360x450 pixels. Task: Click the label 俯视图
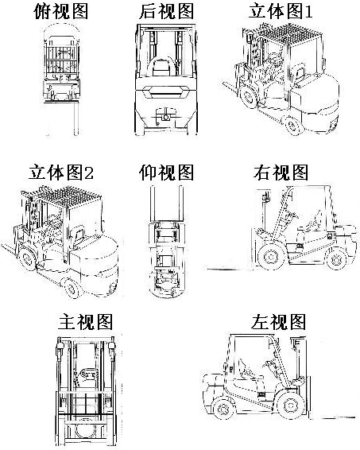tap(60, 11)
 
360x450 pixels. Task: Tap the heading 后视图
tap(166, 11)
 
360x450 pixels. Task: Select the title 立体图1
tap(281, 11)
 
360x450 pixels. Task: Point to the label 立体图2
tap(61, 173)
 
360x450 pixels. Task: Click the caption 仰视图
tap(166, 173)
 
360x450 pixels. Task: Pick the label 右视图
tap(281, 173)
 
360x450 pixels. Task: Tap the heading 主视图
tap(85, 322)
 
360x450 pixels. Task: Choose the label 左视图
tap(278, 322)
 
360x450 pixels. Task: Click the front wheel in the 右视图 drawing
tap(271, 256)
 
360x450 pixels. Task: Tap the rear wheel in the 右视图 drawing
tap(336, 259)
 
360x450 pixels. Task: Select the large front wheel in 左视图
tap(291, 405)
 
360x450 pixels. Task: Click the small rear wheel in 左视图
tap(223, 408)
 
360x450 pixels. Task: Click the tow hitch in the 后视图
tap(165, 116)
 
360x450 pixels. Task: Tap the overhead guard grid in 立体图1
tap(284, 34)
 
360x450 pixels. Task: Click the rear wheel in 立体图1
tap(293, 125)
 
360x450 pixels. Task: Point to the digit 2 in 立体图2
tap(89, 173)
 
